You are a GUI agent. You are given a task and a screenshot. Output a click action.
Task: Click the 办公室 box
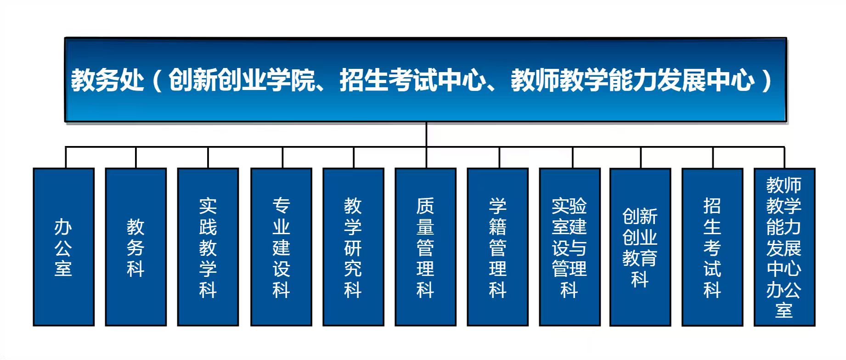(63, 247)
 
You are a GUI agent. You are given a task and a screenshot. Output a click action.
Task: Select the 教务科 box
(135, 247)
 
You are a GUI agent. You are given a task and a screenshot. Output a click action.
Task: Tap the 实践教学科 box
(208, 247)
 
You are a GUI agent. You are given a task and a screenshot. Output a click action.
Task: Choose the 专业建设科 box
(281, 247)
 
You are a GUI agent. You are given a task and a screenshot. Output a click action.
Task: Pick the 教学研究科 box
(353, 247)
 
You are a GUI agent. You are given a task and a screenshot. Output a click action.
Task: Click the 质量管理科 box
(425, 247)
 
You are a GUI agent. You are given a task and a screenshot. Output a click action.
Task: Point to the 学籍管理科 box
(497, 247)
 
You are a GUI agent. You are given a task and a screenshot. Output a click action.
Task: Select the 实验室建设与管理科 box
(570, 247)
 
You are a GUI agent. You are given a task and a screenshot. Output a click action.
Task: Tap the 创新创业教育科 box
(640, 247)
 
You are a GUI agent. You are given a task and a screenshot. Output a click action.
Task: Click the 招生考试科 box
(712, 247)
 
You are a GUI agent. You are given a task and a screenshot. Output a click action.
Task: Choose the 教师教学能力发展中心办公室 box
(784, 247)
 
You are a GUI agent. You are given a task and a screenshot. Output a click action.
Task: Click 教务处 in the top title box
(107, 80)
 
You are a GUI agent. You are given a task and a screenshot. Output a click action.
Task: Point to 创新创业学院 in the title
(242, 80)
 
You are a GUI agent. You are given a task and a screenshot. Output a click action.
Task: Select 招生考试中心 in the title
(412, 80)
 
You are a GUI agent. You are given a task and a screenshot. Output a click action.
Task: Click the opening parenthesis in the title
(157, 80)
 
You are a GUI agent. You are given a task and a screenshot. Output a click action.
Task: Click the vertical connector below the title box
(426, 135)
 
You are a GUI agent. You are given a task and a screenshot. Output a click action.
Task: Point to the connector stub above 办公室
(66, 157)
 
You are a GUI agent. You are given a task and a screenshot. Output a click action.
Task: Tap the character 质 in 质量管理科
(425, 206)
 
